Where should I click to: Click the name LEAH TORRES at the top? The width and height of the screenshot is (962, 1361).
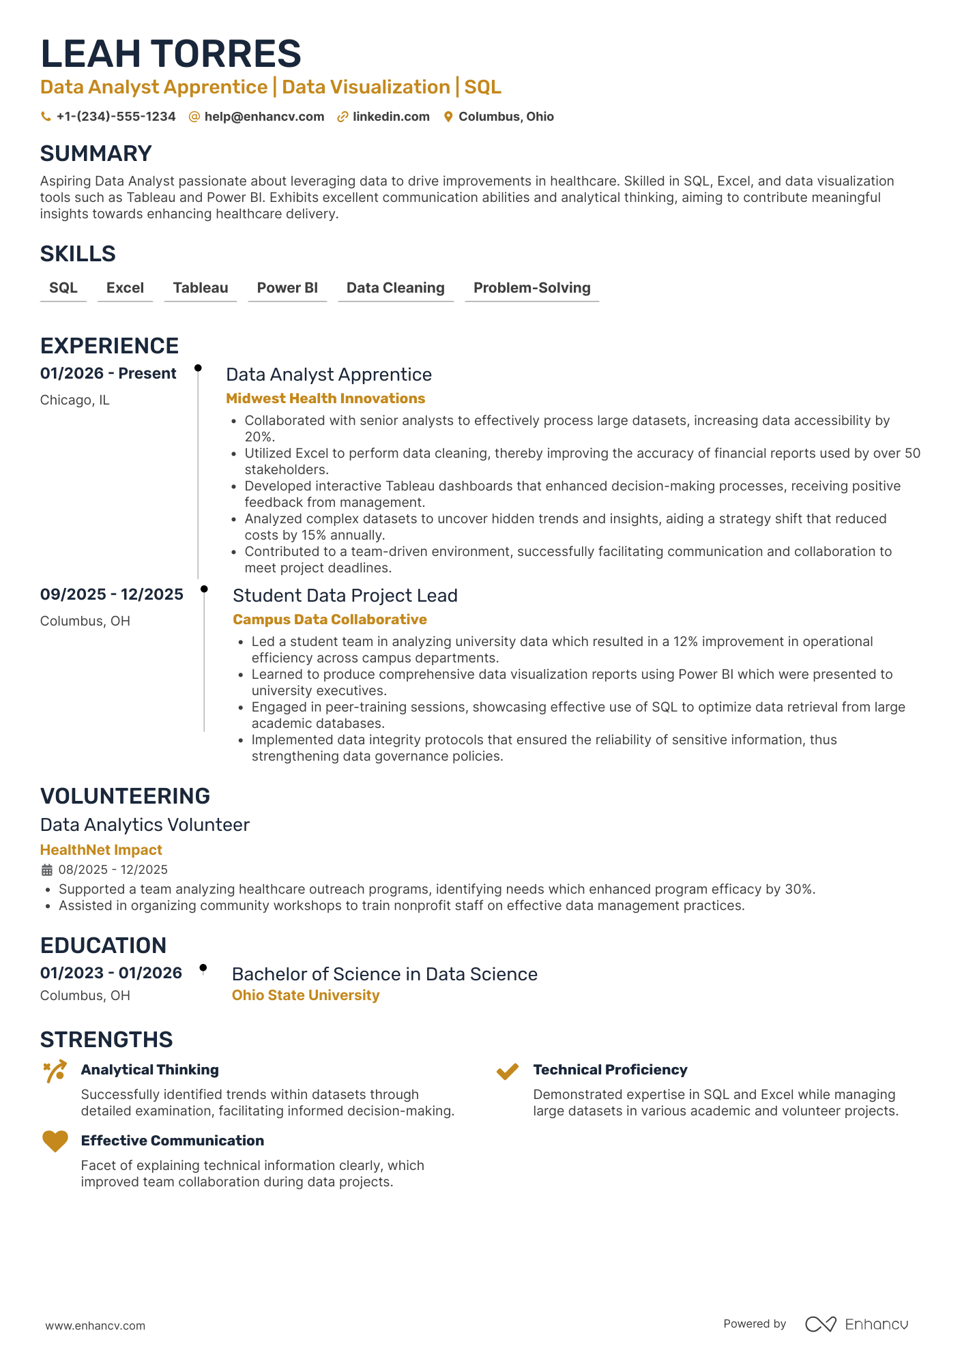[171, 54]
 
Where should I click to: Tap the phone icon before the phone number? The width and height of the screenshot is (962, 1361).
[46, 117]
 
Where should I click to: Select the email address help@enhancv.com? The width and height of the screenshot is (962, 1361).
[264, 117]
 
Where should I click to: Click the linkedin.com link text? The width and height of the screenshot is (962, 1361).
[391, 117]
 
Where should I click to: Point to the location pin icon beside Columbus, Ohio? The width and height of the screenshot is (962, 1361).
[448, 117]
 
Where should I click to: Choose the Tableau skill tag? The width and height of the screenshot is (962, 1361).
[201, 288]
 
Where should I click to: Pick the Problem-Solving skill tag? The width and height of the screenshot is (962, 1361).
[531, 288]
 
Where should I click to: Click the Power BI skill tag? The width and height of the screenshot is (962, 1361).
[287, 288]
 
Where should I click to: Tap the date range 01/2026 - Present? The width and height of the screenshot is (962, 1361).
[108, 374]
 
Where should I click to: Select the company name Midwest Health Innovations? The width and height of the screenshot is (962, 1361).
[325, 398]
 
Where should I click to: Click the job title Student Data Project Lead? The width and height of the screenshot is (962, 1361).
[345, 596]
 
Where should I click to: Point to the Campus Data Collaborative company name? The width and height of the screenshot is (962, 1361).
[330, 619]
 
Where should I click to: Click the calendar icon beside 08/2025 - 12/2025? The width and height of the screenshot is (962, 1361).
[47, 870]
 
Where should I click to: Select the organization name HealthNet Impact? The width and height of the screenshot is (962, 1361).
[101, 850]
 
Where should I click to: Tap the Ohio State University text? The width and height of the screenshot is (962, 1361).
[306, 995]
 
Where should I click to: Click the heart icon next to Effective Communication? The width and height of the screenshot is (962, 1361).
[55, 1141]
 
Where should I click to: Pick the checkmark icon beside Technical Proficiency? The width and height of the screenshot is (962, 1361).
[508, 1071]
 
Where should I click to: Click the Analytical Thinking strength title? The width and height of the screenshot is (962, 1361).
[150, 1070]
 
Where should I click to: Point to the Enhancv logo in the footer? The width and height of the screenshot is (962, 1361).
[856, 1324]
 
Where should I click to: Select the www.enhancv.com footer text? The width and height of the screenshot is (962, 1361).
[96, 1326]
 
